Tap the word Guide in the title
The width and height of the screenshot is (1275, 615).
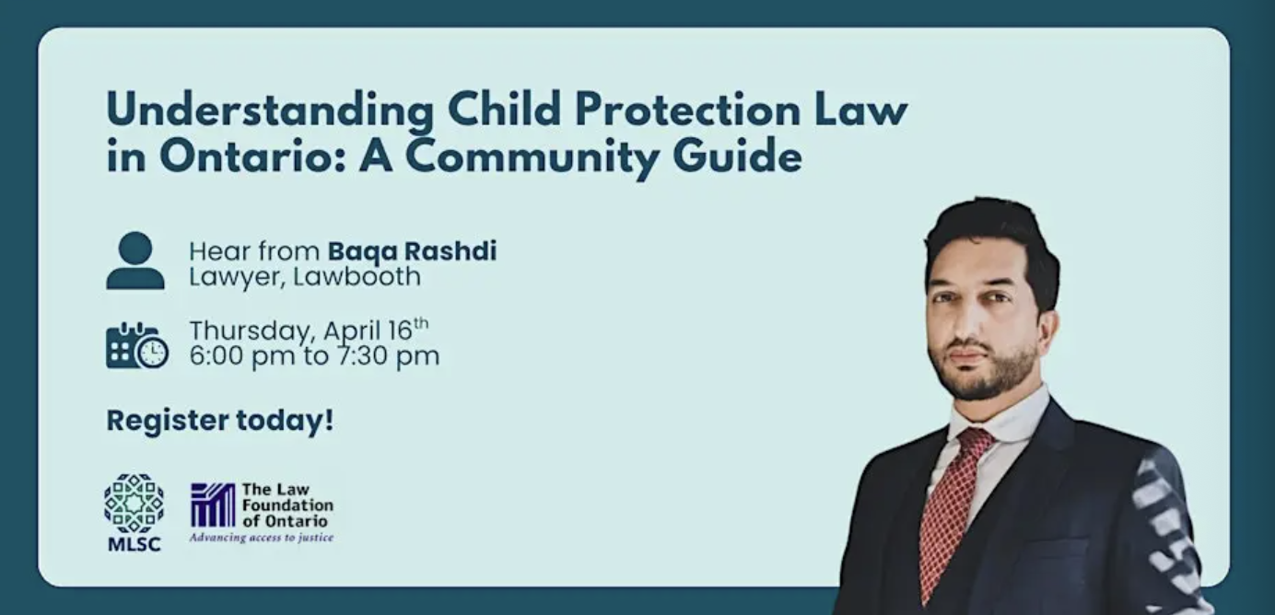[738, 157]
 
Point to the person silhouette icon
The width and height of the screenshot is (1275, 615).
[135, 260]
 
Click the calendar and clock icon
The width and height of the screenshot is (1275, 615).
[136, 345]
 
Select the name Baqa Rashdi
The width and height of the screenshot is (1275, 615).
[412, 251]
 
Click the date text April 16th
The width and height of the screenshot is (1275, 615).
[376, 330]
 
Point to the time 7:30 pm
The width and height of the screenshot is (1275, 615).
[388, 356]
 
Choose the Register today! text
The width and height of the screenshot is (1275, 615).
[220, 421]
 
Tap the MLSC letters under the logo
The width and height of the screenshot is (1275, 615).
[135, 544]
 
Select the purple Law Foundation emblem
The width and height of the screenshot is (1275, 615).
[213, 505]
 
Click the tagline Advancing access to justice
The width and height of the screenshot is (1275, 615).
[262, 538]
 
